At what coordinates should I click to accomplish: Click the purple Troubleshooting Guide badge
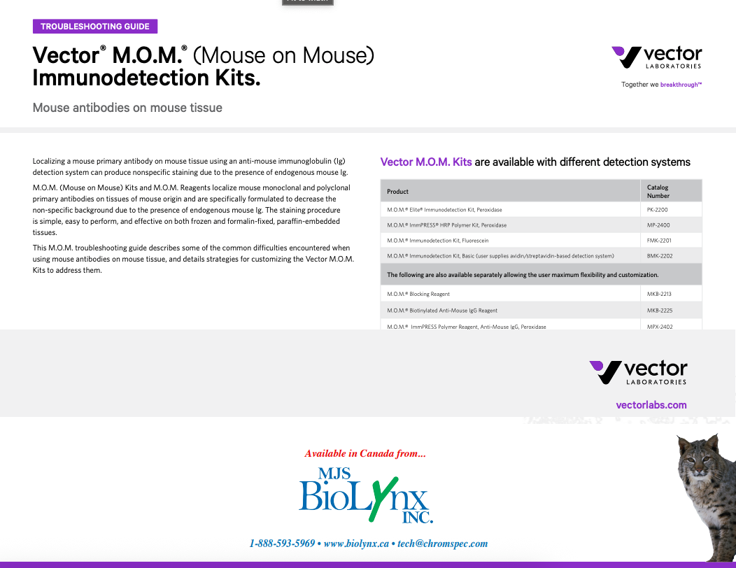95,27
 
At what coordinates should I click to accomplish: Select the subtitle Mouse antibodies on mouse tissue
127,108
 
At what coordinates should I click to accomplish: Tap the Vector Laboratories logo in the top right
656,57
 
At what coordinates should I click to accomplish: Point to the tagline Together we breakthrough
661,85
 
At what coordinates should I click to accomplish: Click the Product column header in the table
398,191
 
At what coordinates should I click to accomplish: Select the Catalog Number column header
658,191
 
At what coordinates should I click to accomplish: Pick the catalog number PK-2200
658,209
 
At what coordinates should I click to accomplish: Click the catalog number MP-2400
658,225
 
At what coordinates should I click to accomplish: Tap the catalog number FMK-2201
659,241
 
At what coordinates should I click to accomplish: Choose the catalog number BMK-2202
660,256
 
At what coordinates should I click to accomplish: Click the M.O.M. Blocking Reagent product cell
418,294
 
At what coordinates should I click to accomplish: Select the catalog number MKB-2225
659,310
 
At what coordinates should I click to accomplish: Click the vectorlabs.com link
651,405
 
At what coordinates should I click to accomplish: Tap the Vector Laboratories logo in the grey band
638,372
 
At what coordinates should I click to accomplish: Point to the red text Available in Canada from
365,453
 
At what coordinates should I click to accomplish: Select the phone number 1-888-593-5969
282,544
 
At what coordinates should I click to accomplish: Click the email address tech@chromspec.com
442,544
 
